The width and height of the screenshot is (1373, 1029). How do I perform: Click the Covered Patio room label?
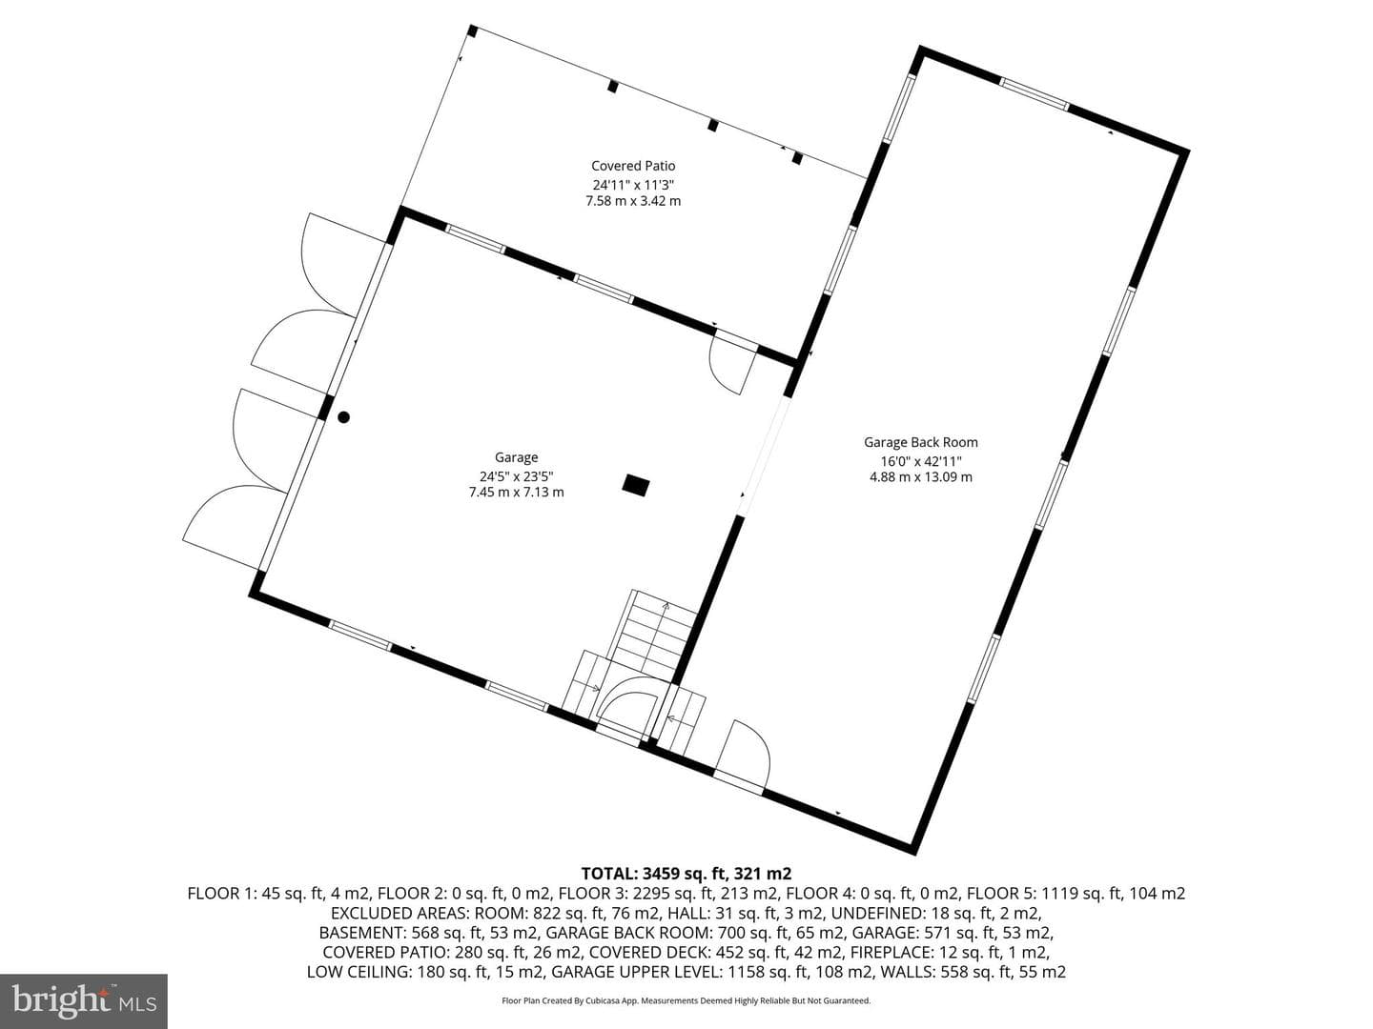633,166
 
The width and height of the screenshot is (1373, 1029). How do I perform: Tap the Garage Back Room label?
921,442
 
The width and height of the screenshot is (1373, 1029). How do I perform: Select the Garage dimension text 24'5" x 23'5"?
517,476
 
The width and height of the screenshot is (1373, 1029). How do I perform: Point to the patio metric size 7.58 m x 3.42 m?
633,201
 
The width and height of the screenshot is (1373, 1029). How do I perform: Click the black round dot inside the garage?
343,417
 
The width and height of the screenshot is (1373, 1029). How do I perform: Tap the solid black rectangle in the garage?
636,486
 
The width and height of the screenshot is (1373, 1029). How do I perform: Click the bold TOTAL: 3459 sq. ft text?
686,873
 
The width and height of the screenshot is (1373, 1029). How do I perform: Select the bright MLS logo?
84,1000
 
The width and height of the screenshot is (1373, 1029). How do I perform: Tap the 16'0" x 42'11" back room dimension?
921,461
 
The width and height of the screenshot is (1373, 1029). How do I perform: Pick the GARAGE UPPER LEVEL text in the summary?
633,972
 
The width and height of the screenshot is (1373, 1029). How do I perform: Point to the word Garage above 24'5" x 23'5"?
516,458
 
